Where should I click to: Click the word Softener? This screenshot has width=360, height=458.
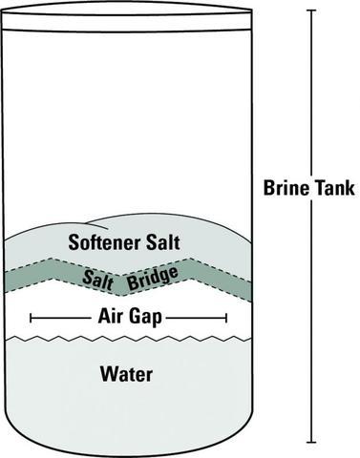click(x=103, y=242)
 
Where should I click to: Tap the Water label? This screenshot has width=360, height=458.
click(x=127, y=373)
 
